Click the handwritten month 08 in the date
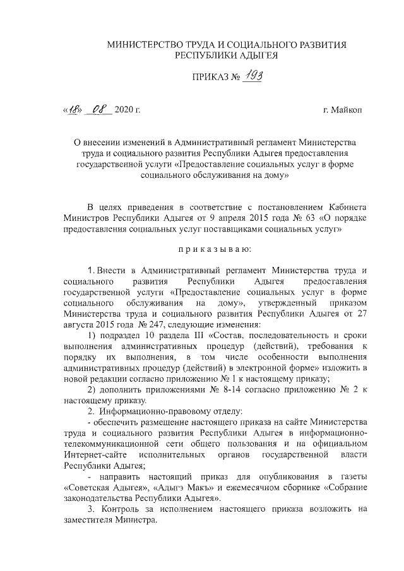[x=101, y=110]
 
